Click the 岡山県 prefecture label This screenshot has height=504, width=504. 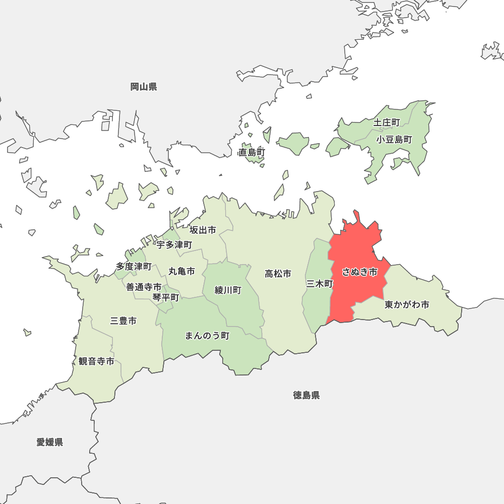click(144, 87)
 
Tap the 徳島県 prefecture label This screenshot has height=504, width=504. click(306, 395)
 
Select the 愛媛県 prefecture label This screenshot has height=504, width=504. click(50, 443)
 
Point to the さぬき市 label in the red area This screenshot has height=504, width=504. click(359, 272)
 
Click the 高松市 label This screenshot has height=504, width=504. click(278, 274)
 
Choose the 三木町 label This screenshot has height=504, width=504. click(320, 284)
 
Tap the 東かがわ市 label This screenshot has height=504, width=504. click(407, 305)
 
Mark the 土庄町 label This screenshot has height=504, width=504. click(387, 122)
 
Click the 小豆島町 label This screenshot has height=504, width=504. click(394, 140)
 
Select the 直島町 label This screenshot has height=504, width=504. click(252, 152)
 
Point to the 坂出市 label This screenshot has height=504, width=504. click(203, 230)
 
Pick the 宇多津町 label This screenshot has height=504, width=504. click(174, 245)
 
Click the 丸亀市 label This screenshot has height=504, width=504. click(181, 271)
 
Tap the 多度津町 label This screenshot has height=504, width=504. click(134, 266)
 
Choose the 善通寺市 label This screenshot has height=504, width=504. click(144, 287)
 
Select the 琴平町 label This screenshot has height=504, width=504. click(166, 297)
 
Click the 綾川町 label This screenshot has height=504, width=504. click(228, 290)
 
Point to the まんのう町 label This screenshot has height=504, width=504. click(207, 336)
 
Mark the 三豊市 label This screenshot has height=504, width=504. click(123, 321)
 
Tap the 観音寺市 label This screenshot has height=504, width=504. click(96, 361)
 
